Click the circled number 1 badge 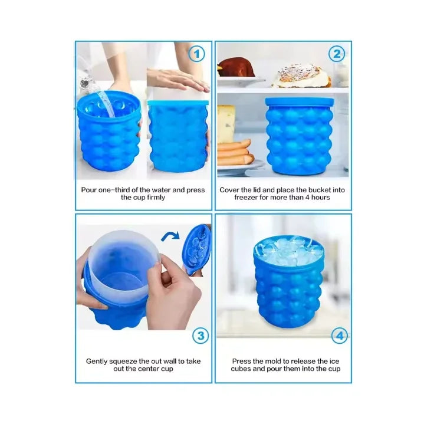196,54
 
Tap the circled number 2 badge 337,54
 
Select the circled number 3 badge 201,336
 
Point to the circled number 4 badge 340,336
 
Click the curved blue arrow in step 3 170,236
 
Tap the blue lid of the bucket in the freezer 300,101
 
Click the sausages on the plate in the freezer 235,152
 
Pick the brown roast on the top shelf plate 236,67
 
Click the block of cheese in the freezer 225,124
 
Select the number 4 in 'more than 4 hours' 307,198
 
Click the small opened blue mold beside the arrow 196,250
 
